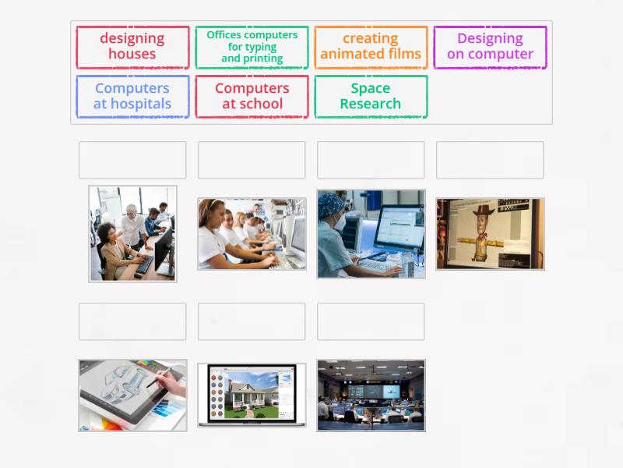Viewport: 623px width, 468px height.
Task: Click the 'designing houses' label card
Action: click(x=132, y=47)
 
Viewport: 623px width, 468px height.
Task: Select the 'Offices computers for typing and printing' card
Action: click(x=252, y=47)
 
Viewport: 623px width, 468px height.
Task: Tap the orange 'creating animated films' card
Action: click(x=371, y=47)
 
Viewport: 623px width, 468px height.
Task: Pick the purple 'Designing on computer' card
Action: click(x=490, y=47)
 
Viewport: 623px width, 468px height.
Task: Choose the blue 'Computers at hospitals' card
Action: click(x=132, y=96)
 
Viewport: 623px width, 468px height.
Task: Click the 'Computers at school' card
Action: click(x=252, y=96)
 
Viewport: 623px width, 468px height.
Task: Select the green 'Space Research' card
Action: click(x=371, y=96)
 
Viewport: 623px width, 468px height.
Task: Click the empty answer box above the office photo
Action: click(x=132, y=160)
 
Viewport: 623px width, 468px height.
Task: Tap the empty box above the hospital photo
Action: click(x=371, y=160)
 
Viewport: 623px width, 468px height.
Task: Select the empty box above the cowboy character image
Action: click(x=490, y=160)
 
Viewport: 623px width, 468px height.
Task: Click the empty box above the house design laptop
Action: click(x=252, y=321)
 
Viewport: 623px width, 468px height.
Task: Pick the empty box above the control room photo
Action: click(x=371, y=321)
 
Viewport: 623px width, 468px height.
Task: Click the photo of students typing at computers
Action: click(x=252, y=234)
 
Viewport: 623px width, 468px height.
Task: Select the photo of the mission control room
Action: click(x=371, y=395)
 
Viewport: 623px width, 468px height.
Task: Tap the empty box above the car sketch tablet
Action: click(x=132, y=321)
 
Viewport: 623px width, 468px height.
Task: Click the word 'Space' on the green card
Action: click(x=371, y=88)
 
